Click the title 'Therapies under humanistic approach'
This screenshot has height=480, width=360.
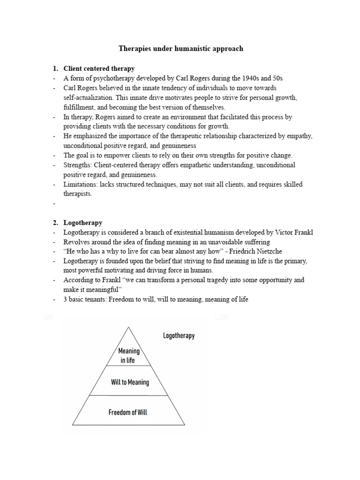coord(180,48)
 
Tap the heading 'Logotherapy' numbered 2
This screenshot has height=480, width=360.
coord(83,223)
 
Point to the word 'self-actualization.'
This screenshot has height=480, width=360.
coord(89,97)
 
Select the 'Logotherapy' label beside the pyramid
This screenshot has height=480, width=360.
coord(179,336)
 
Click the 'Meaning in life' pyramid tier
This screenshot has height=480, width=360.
coord(129,355)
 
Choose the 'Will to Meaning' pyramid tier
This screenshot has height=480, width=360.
coord(130,382)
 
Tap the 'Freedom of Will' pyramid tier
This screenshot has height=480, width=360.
coord(129,412)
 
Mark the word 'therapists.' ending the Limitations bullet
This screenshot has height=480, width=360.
coord(78,194)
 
